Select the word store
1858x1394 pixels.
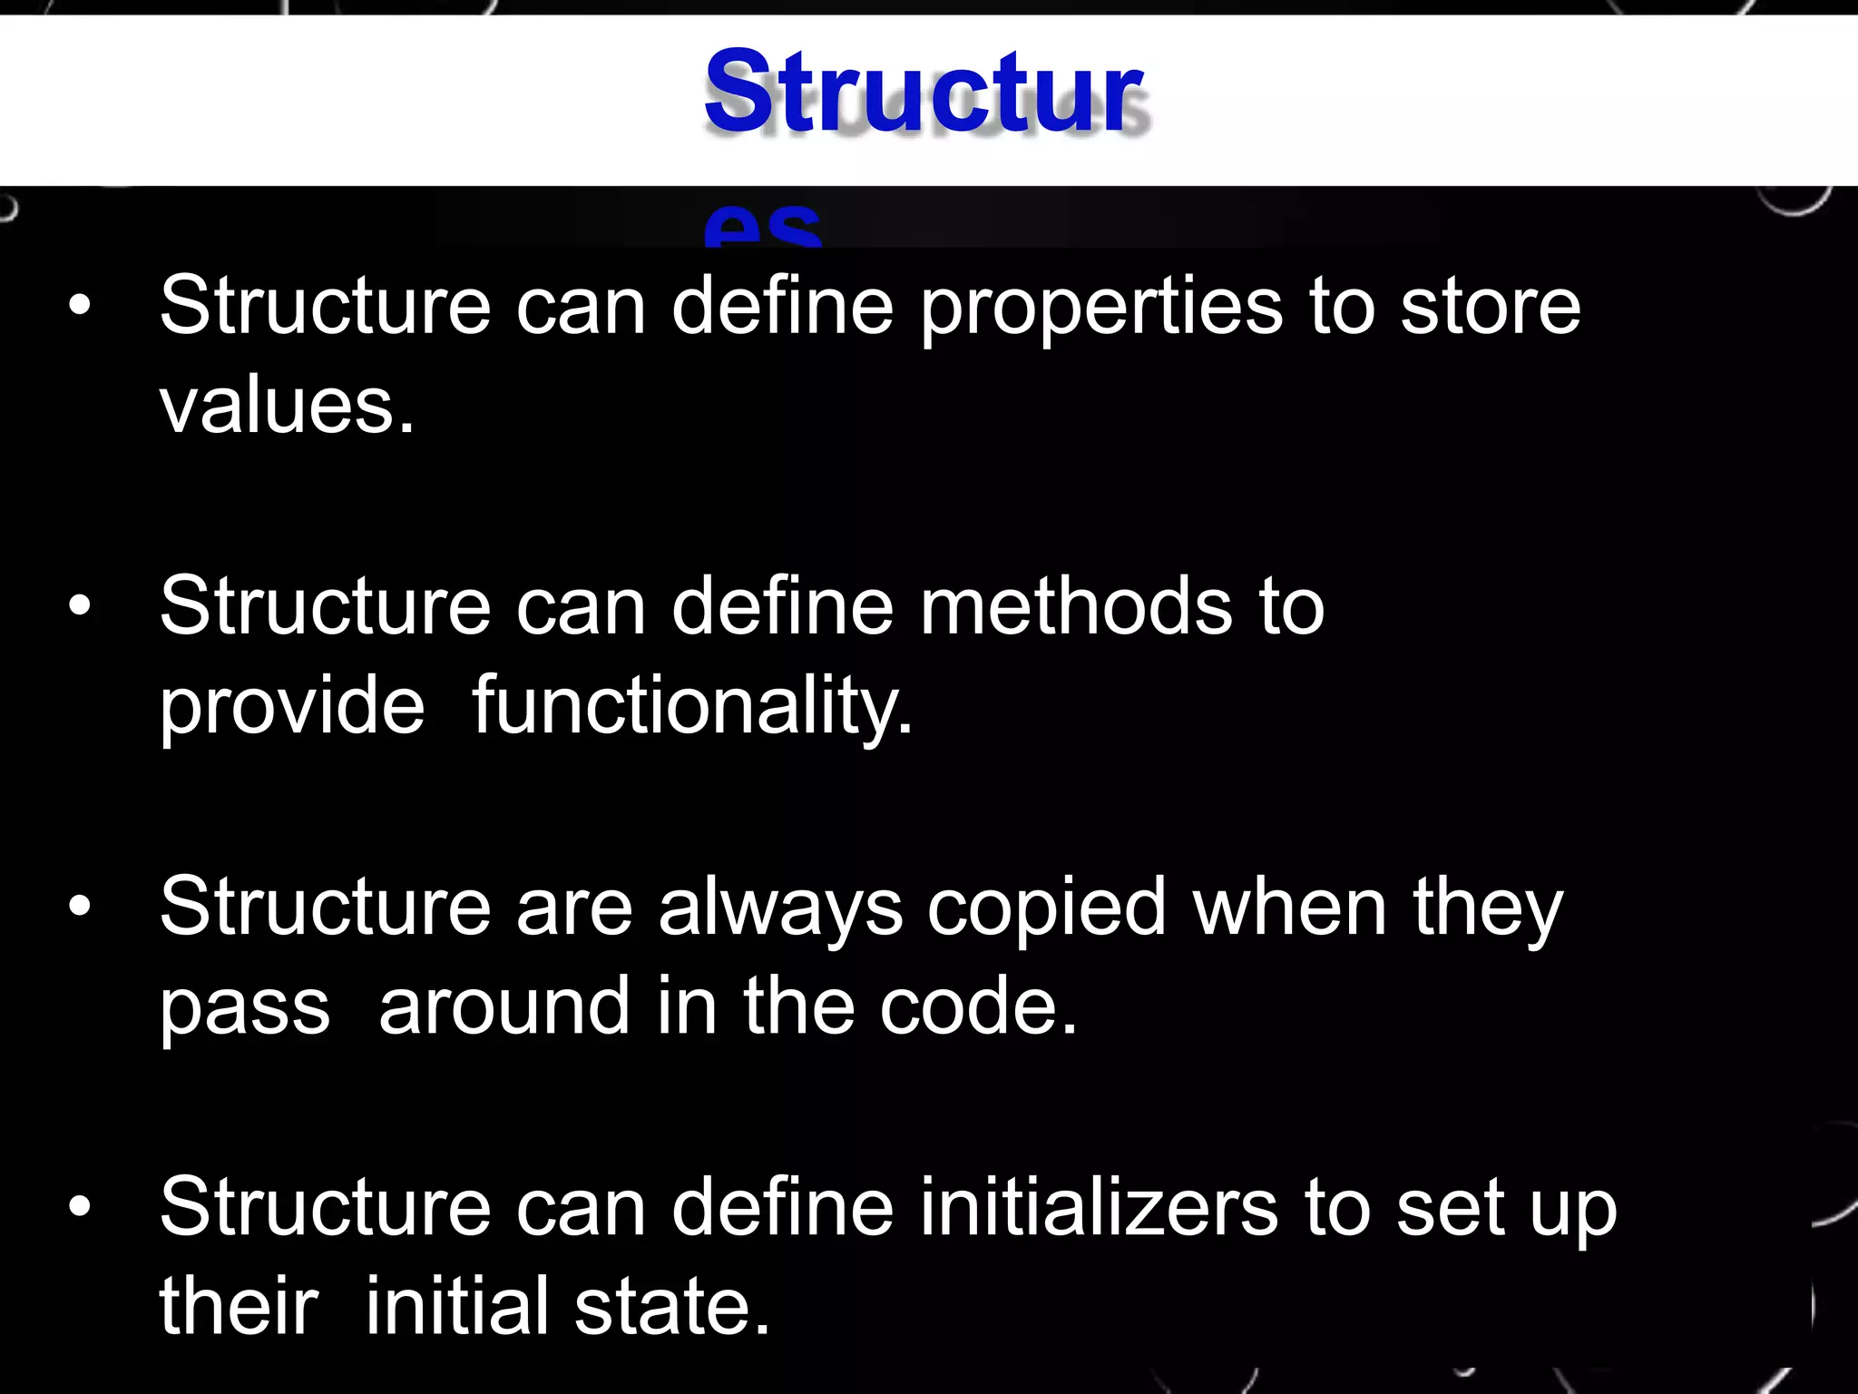click(1490, 307)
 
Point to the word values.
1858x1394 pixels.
click(286, 405)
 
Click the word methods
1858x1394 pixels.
click(1076, 606)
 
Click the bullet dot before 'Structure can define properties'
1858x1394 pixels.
click(80, 307)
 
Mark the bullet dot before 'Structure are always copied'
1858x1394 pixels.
click(80, 906)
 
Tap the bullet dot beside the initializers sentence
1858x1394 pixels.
click(80, 1207)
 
